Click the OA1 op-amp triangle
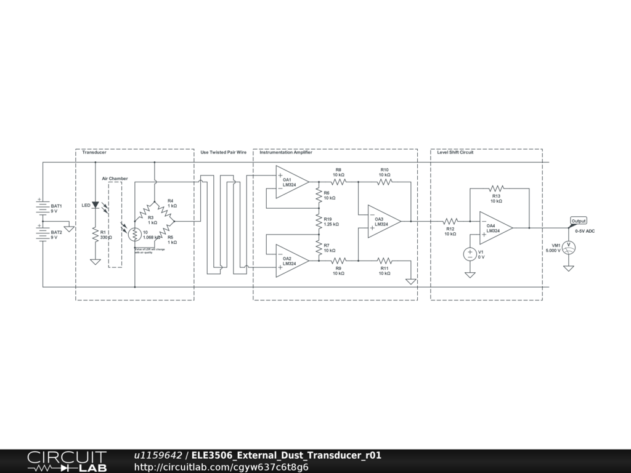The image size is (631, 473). (x=291, y=182)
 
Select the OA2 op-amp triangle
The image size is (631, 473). (x=291, y=261)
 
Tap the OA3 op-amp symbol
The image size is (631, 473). (x=384, y=221)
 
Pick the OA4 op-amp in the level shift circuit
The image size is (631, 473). (x=495, y=228)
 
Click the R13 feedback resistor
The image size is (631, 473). (x=496, y=188)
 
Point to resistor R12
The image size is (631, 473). (x=450, y=221)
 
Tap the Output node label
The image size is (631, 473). (x=579, y=220)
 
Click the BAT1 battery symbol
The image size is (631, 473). (x=42, y=208)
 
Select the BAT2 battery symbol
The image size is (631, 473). (x=42, y=234)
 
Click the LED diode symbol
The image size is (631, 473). (x=95, y=204)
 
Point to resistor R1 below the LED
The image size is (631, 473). (x=95, y=235)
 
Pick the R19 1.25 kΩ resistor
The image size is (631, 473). (x=319, y=221)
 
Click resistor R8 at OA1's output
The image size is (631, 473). (x=338, y=181)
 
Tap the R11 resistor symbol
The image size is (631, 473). (x=385, y=261)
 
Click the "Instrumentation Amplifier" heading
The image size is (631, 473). (x=286, y=152)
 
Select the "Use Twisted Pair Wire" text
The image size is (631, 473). (x=223, y=152)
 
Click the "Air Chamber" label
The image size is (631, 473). (x=115, y=179)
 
